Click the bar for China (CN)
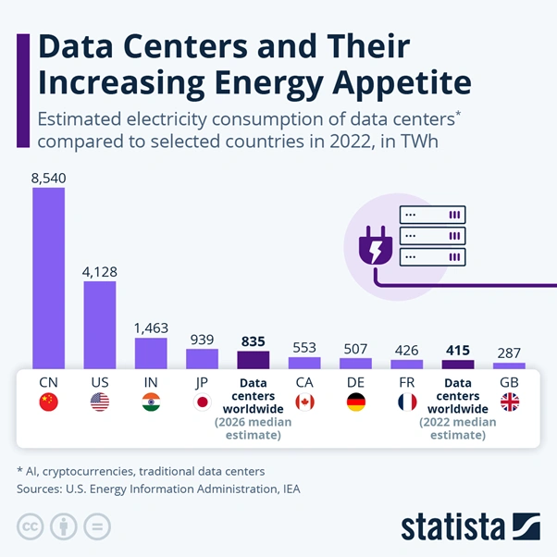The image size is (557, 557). [x=48, y=278]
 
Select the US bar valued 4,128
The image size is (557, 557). [x=100, y=324]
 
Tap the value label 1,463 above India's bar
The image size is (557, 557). [x=151, y=328]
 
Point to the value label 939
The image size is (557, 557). [x=203, y=340]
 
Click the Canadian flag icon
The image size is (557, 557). [x=304, y=402]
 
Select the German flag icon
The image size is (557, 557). [x=355, y=402]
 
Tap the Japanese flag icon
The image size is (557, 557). [x=203, y=402]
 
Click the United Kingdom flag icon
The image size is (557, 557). [x=509, y=402]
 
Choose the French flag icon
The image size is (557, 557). [x=407, y=402]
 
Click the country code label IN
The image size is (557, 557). [x=151, y=381]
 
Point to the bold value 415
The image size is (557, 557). [x=458, y=351]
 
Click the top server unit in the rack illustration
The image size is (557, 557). [x=431, y=215]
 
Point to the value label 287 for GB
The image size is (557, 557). [x=509, y=353]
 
